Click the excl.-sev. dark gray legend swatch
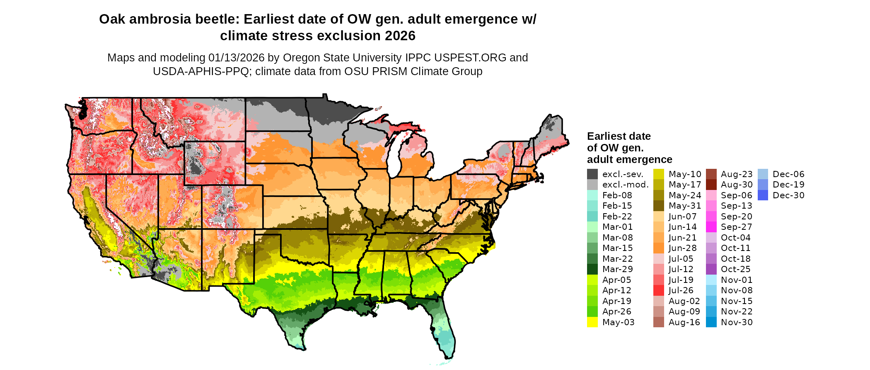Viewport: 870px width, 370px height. tap(592, 174)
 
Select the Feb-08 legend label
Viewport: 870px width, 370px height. tap(617, 195)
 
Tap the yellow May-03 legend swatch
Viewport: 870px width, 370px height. tap(592, 322)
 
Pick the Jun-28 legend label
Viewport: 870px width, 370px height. tap(682, 248)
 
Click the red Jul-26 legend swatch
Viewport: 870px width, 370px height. tap(659, 290)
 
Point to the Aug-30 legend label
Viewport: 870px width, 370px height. tap(737, 185)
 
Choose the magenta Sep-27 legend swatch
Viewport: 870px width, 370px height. tap(711, 227)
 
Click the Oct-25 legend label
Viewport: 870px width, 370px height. tap(735, 269)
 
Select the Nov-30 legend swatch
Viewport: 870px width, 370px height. tap(711, 322)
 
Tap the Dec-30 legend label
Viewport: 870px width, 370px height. tap(788, 195)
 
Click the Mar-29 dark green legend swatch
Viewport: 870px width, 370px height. tap(592, 269)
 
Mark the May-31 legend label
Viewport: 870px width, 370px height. tap(685, 206)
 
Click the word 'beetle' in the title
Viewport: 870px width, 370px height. tap(217, 19)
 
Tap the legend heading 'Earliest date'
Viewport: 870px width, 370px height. tap(619, 136)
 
